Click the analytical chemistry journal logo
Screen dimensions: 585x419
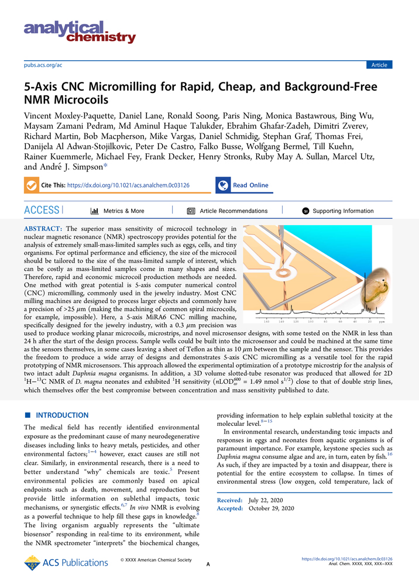tap(80, 32)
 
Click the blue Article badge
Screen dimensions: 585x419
tap(379, 65)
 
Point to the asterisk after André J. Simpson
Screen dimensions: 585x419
tap(105, 167)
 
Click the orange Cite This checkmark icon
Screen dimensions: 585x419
tap(31, 185)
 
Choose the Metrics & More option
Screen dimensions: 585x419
tap(117, 211)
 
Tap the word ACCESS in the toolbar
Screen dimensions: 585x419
tap(42, 210)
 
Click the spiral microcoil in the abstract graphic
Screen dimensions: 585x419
tap(303, 271)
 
